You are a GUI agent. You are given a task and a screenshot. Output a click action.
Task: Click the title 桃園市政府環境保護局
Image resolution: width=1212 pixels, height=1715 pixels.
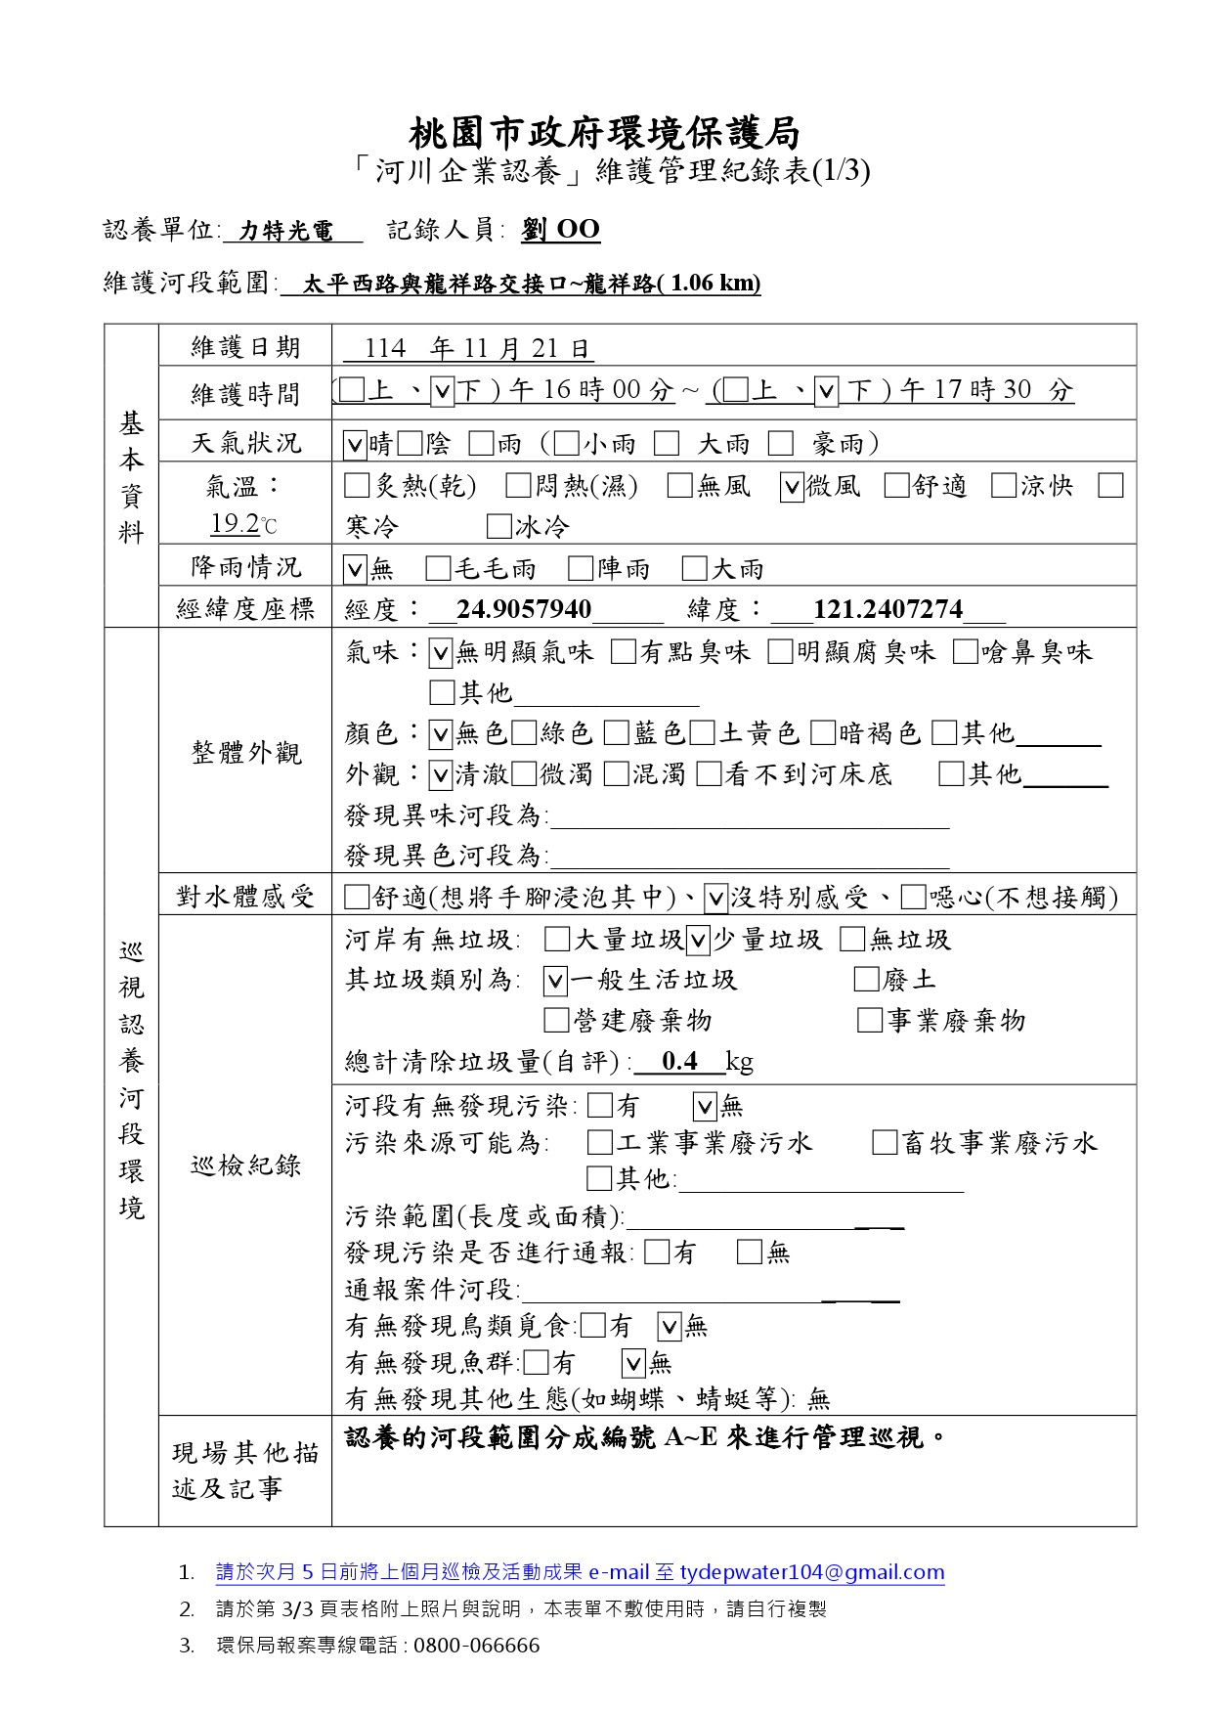tap(605, 131)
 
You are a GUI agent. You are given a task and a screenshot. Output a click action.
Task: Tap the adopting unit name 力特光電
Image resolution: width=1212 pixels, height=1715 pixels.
tap(287, 231)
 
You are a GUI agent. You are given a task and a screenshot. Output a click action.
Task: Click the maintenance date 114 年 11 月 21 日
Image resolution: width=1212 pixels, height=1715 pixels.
tap(478, 349)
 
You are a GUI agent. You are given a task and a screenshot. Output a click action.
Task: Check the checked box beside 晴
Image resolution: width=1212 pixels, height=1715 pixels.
tap(355, 445)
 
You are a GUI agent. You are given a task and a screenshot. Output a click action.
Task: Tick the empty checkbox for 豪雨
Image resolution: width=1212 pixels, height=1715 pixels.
tap(780, 445)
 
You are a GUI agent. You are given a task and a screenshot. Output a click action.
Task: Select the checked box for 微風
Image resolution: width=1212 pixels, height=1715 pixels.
tap(792, 487)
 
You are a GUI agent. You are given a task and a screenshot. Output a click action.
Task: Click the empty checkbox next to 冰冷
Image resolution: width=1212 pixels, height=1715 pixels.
tap(499, 528)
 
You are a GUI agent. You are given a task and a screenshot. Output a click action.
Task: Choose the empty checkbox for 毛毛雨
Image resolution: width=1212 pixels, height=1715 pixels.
tap(439, 569)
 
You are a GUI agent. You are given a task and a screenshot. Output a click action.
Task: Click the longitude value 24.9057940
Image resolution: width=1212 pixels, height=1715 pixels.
tap(524, 610)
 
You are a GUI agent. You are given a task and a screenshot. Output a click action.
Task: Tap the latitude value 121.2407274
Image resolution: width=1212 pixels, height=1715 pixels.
tap(887, 610)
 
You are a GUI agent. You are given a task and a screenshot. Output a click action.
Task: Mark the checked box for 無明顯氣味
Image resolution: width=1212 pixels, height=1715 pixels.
tap(441, 653)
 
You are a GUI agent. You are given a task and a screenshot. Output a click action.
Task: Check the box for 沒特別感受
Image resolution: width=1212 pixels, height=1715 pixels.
tap(715, 898)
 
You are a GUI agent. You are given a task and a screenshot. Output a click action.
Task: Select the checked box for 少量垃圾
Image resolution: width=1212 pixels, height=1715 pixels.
tap(698, 941)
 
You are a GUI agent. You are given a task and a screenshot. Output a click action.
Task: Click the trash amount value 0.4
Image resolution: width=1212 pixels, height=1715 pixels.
tap(678, 1062)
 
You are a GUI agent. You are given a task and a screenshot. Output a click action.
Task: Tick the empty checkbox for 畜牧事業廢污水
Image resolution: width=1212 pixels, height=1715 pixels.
tap(885, 1143)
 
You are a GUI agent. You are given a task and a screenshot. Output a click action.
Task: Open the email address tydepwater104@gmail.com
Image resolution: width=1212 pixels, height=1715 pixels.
tap(812, 1573)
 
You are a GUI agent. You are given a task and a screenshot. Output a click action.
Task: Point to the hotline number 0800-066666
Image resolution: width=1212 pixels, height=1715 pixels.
tap(476, 1646)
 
